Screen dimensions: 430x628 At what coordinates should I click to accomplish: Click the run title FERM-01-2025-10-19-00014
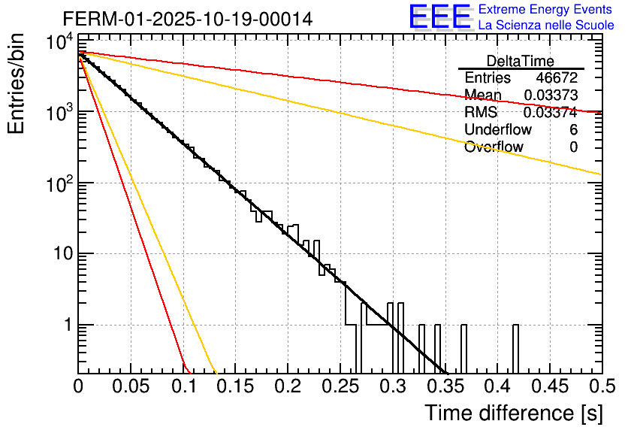coord(188,18)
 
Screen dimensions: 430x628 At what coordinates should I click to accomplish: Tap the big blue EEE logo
coord(439,17)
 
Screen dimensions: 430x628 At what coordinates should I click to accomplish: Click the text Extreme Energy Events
coord(546,10)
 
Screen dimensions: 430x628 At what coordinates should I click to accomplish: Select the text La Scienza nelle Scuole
coord(546,25)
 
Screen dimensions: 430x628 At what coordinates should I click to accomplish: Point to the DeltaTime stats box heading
coord(521,61)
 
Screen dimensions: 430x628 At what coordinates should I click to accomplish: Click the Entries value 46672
coord(557,78)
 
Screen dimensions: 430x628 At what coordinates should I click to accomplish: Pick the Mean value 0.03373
coord(550,95)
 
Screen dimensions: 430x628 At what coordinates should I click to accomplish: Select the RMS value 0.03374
coord(550,113)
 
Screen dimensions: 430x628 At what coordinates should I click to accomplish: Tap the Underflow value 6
coord(573,130)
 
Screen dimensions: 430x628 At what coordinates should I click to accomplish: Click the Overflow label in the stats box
coord(494,147)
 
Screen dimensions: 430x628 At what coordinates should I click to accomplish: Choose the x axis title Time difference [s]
coord(512,413)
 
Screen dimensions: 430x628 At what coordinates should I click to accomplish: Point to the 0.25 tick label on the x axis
coord(340,387)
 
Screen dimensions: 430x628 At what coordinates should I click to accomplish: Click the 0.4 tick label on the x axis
coord(497,387)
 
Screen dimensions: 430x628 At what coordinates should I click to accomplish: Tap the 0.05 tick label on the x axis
coord(131,387)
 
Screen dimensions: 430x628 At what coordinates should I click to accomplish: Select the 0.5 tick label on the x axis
coord(600,387)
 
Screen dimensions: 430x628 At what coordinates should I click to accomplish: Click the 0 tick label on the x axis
coord(79,387)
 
